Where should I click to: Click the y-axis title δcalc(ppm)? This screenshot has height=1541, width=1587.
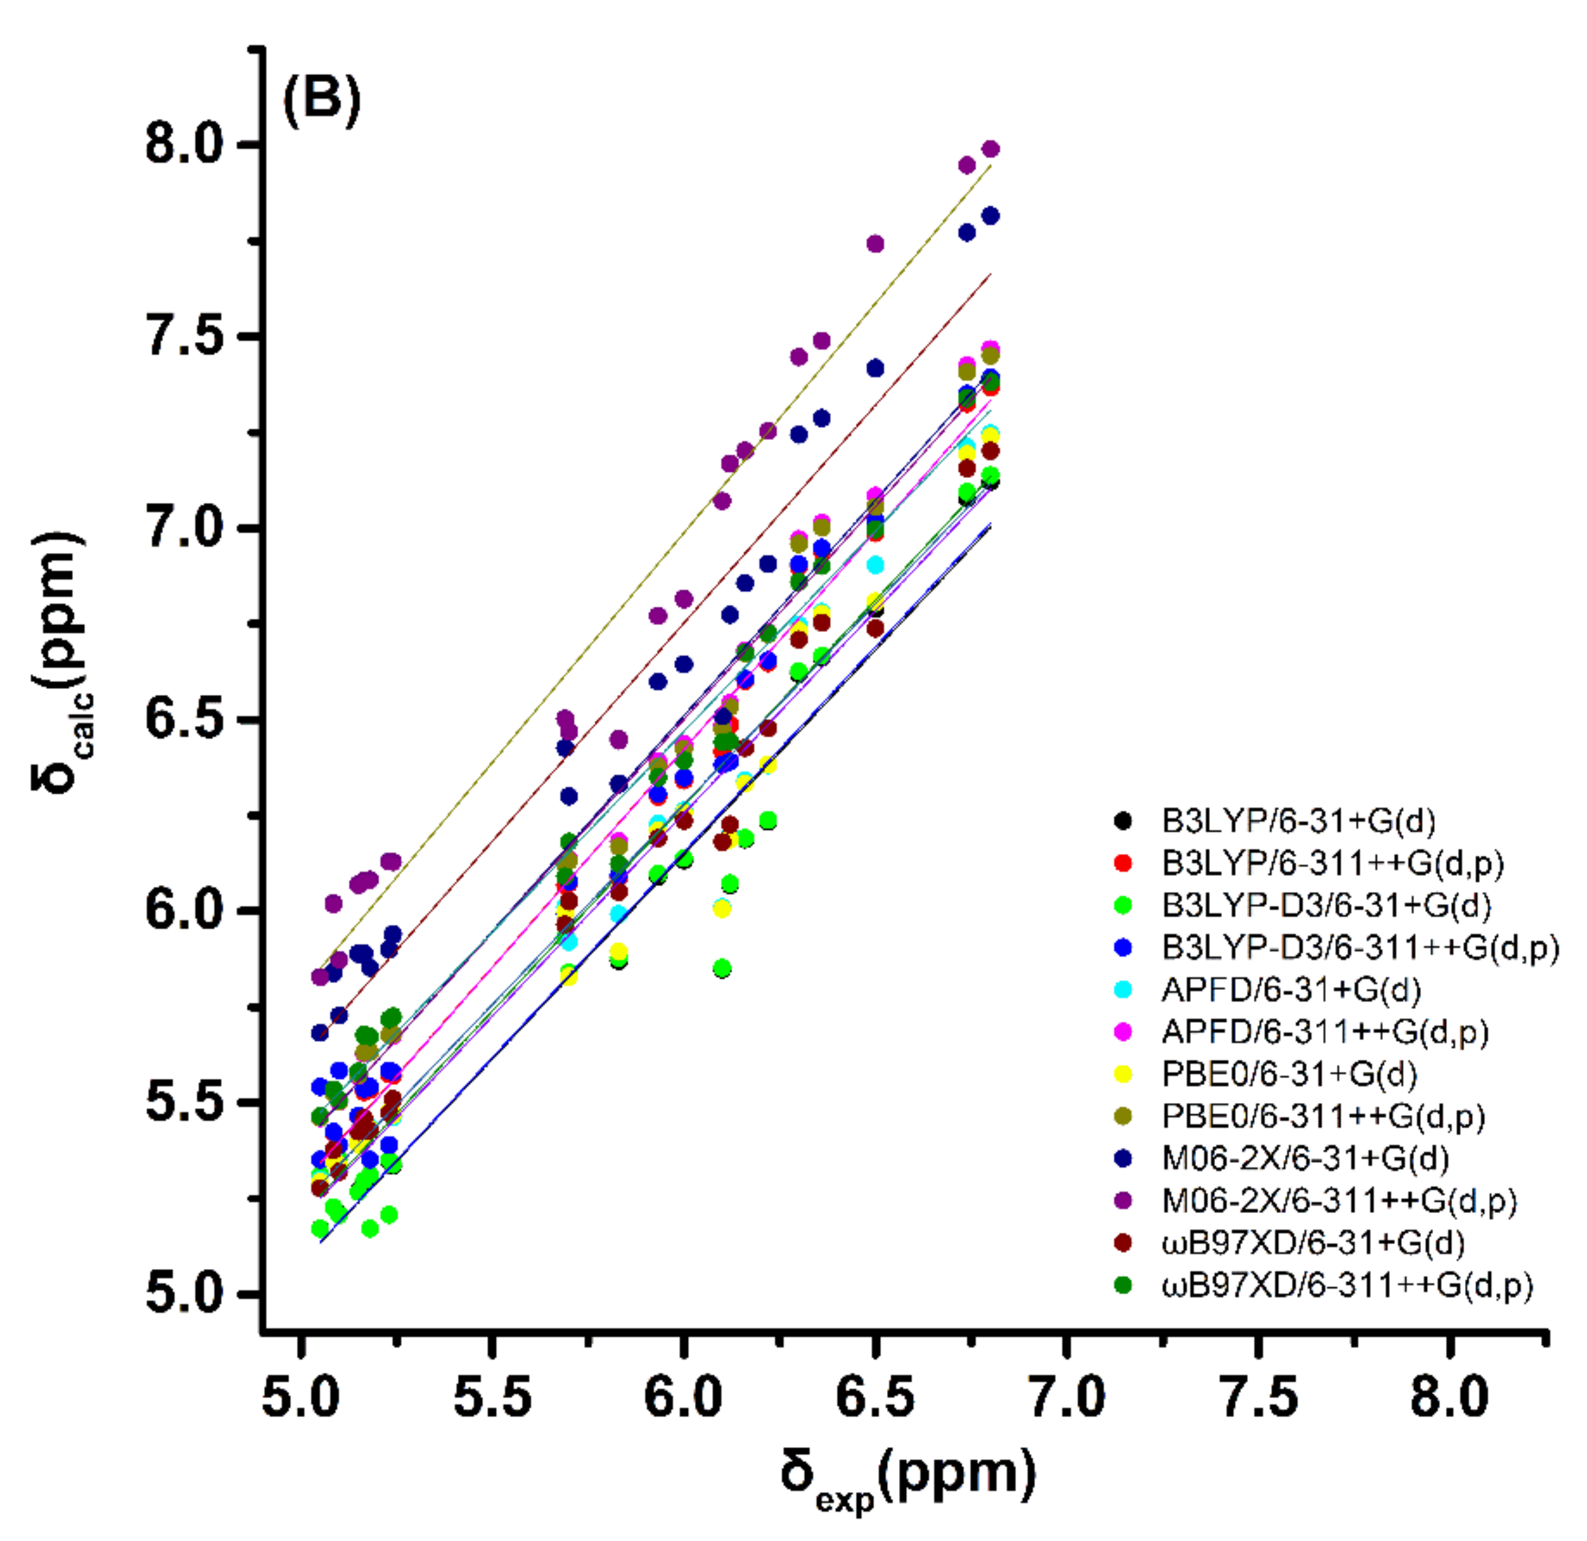(x=62, y=664)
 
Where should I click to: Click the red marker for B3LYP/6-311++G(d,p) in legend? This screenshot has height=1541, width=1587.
(x=1122, y=863)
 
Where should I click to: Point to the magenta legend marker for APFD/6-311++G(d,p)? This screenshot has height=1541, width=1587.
(x=1122, y=1032)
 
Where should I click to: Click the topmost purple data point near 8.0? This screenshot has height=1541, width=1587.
(x=990, y=149)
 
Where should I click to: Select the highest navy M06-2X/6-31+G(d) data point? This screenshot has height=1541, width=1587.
(x=990, y=216)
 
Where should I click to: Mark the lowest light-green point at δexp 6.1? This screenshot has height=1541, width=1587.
(x=722, y=968)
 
